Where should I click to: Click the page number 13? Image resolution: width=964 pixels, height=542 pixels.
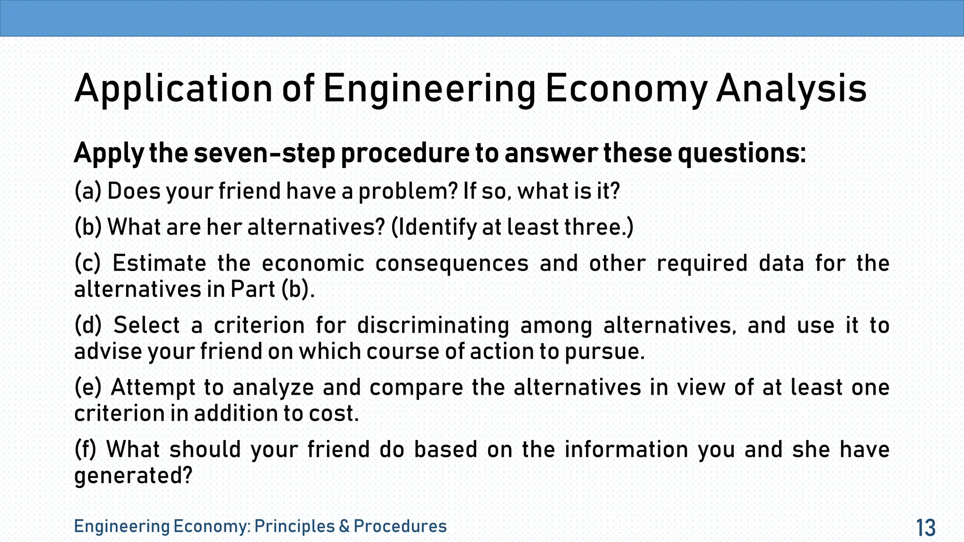[925, 528]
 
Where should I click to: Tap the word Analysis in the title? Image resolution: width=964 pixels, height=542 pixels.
[791, 88]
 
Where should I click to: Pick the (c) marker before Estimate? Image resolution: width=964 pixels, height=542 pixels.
[88, 263]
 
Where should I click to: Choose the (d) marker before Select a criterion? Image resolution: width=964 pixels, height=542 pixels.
[88, 325]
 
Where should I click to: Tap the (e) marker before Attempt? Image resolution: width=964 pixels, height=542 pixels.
[88, 387]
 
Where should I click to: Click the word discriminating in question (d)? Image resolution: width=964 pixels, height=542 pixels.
[433, 325]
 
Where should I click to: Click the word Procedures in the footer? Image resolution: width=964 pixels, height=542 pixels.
[400, 526]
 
